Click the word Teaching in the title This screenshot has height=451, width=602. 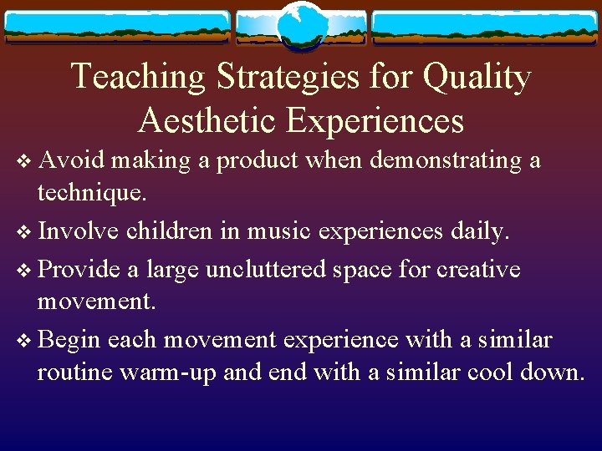pos(138,77)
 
